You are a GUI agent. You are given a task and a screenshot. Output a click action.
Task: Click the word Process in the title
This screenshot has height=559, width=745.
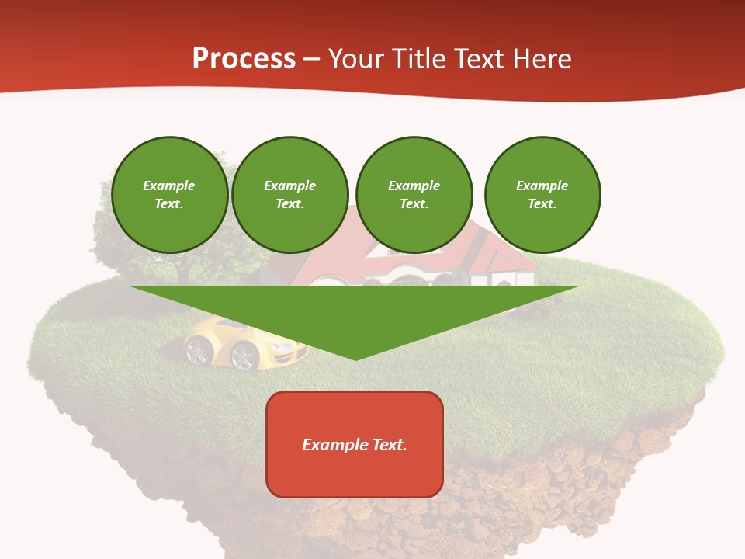pyautogui.click(x=244, y=58)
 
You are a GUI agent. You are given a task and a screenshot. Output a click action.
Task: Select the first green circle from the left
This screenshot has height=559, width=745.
pyautogui.click(x=169, y=195)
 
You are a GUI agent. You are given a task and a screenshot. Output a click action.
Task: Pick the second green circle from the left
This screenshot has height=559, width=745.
pyautogui.click(x=290, y=195)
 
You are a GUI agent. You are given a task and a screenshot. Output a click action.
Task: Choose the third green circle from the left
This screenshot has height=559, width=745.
pyautogui.click(x=414, y=195)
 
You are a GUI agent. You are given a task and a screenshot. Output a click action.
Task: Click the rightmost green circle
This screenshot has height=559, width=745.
pyautogui.click(x=542, y=195)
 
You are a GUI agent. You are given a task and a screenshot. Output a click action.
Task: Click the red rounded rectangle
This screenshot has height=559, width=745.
pyautogui.click(x=355, y=444)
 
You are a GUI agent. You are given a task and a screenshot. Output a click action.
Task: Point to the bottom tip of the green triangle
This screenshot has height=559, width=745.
pyautogui.click(x=355, y=359)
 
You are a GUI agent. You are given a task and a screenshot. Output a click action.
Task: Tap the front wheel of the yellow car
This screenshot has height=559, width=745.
pyautogui.click(x=244, y=356)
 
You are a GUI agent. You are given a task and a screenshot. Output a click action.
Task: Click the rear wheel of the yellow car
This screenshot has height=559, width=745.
pyautogui.click(x=197, y=350)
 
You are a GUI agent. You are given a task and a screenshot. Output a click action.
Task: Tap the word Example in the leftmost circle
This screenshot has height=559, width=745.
pyautogui.click(x=169, y=186)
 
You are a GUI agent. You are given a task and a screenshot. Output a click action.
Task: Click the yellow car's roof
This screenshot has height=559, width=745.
pyautogui.click(x=225, y=325)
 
